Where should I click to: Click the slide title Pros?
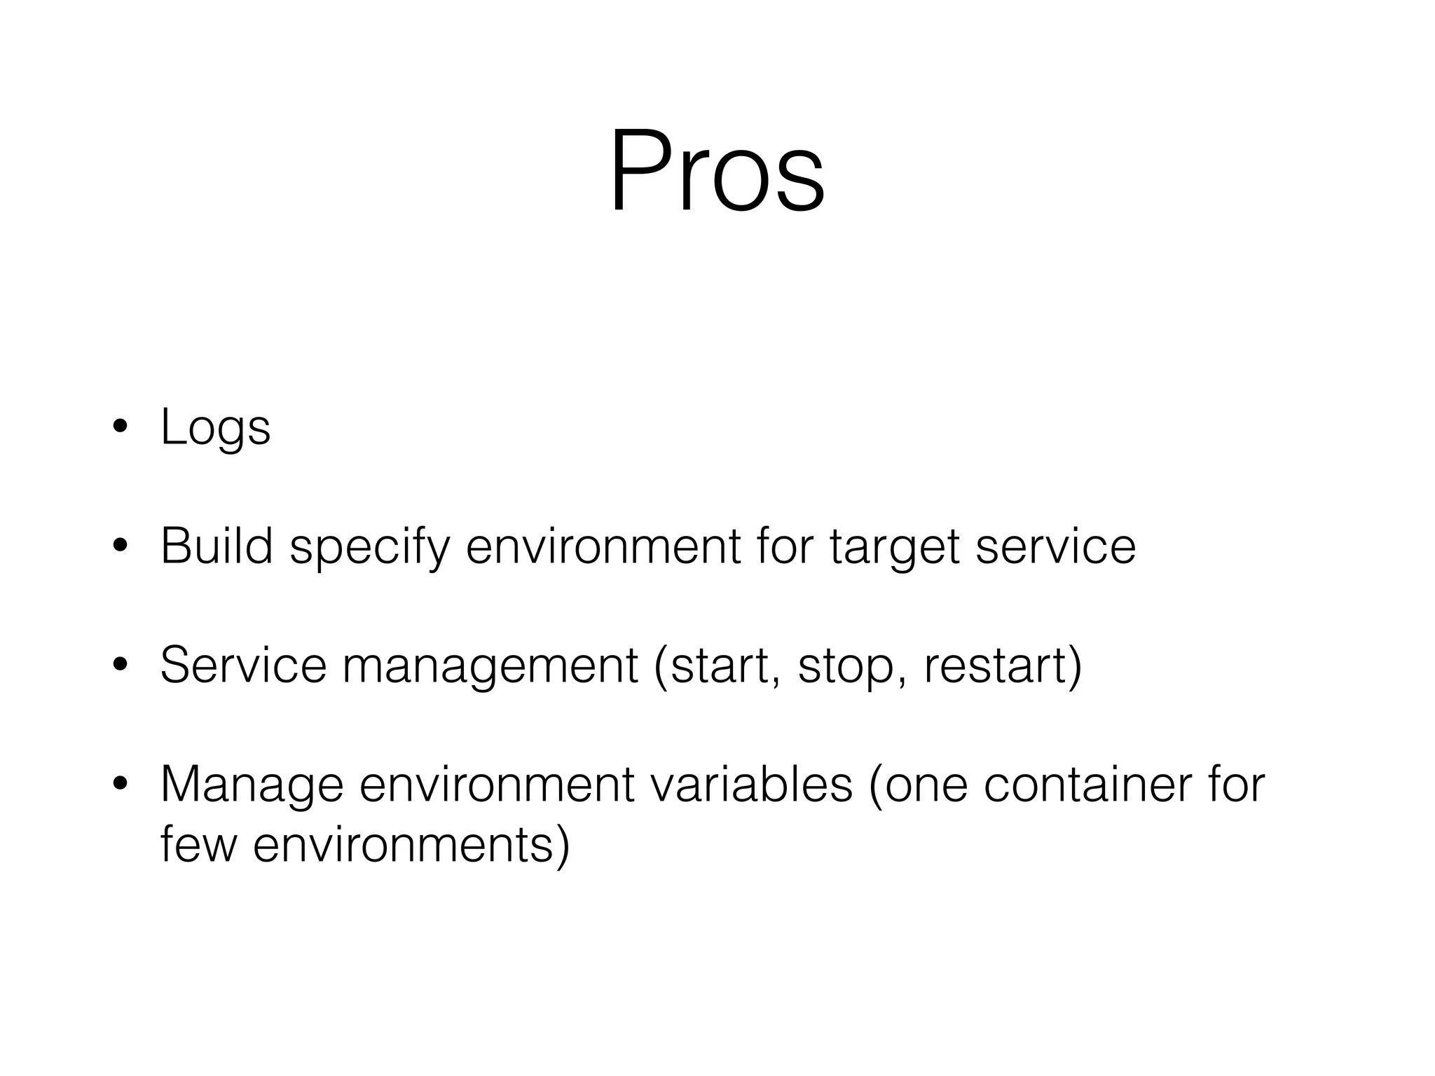[x=717, y=172]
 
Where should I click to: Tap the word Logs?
[x=215, y=427]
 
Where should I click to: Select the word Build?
[x=216, y=546]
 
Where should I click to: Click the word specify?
[x=369, y=548]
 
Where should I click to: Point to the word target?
[x=894, y=548]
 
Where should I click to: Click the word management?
[x=490, y=667]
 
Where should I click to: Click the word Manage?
[x=252, y=786]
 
